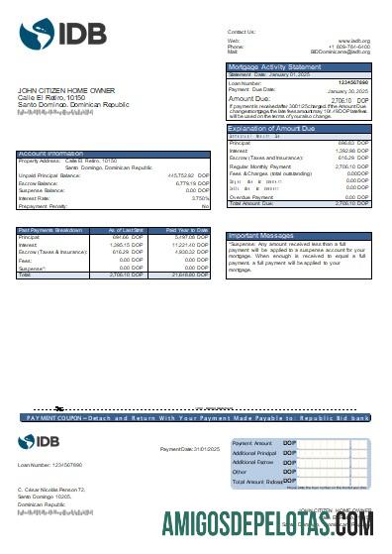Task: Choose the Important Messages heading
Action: point(258,235)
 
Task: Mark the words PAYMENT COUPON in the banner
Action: point(59,419)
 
